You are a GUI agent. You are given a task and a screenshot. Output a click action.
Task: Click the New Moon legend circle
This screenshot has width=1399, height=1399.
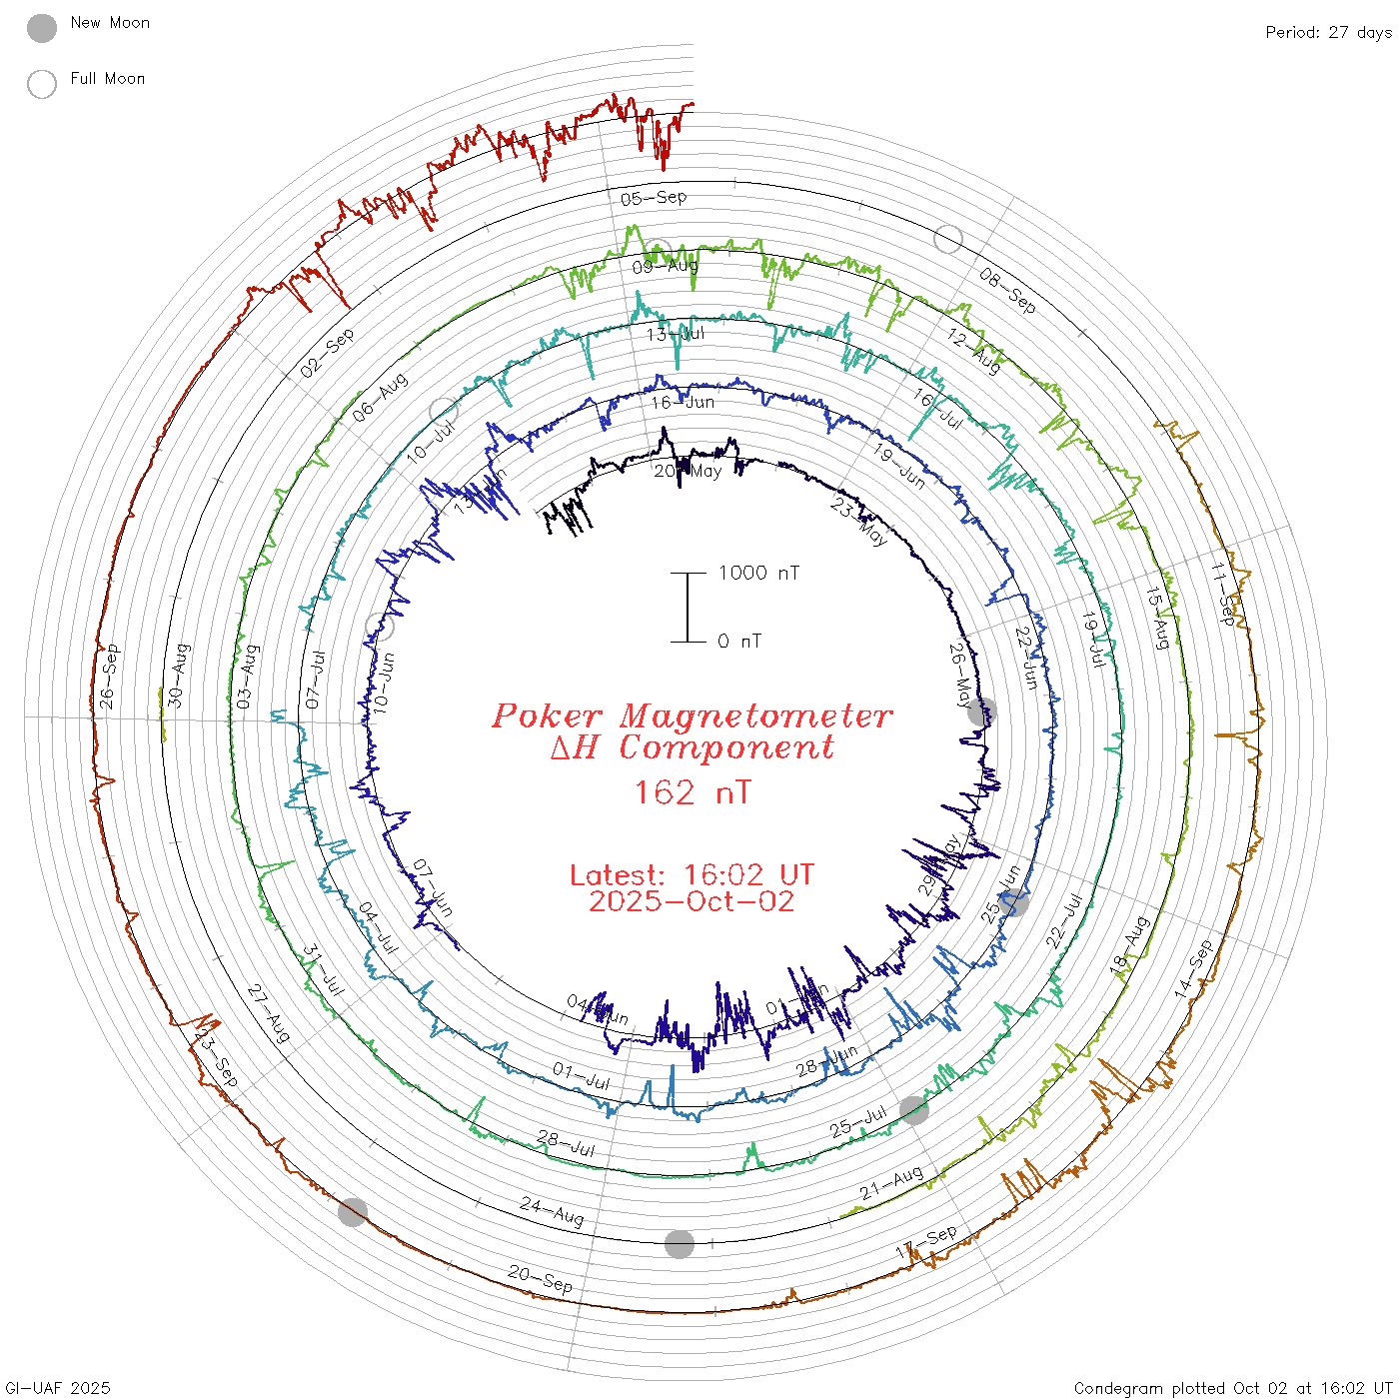[x=42, y=28]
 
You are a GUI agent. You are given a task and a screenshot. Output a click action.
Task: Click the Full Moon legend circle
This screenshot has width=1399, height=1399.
[x=42, y=84]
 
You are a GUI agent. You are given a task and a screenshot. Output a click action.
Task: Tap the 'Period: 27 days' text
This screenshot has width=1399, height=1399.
[x=1328, y=33]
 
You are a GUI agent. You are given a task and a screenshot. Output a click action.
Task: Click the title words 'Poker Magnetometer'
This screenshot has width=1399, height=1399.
[x=692, y=715]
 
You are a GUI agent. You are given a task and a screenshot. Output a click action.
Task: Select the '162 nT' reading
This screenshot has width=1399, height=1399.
[x=692, y=793]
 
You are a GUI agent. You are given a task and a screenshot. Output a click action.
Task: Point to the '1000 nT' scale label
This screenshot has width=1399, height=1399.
[x=758, y=573]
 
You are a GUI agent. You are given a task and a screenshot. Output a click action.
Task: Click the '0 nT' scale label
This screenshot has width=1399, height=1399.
[x=739, y=642]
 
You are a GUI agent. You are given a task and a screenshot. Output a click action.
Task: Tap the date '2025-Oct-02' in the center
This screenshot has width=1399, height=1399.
[x=692, y=902]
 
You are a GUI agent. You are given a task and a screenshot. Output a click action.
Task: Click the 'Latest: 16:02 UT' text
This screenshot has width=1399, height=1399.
[x=692, y=875]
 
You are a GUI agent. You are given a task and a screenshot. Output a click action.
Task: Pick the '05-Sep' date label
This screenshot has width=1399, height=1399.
[x=654, y=198]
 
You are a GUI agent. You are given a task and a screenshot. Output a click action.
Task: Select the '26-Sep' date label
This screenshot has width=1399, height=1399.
[x=108, y=677]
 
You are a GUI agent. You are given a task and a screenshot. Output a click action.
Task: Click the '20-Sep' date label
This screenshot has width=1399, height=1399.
[x=541, y=1279]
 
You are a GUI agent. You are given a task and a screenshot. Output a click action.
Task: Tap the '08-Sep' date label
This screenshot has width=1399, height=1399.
[x=1007, y=291]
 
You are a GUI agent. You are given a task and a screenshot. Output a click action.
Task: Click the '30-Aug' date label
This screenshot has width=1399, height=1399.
[x=177, y=676]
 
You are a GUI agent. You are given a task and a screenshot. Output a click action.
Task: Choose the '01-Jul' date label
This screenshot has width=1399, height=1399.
[x=581, y=1076]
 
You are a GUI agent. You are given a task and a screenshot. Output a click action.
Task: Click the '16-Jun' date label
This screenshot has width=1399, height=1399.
[x=683, y=402]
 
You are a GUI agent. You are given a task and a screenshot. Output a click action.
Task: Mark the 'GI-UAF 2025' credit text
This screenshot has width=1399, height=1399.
[x=58, y=1388]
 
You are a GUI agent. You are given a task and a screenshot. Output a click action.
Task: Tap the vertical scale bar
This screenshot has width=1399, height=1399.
[x=688, y=608]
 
